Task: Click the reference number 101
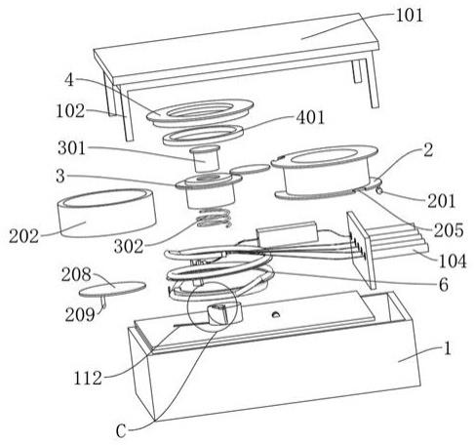point(410,16)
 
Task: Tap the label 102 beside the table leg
point(70,111)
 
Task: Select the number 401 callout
point(310,117)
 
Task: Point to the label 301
point(72,148)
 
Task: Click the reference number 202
point(23,236)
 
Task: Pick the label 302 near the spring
point(129,247)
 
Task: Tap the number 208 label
point(76,274)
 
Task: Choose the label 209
point(80,314)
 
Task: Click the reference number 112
point(88,379)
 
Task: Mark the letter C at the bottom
point(121,431)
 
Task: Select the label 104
point(453,261)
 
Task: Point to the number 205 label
point(449,230)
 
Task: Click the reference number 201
point(441,201)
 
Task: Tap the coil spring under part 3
point(215,218)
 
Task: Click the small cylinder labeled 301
point(205,158)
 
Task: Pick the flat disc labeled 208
point(112,289)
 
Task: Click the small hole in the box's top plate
point(275,314)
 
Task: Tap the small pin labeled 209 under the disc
point(103,302)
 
